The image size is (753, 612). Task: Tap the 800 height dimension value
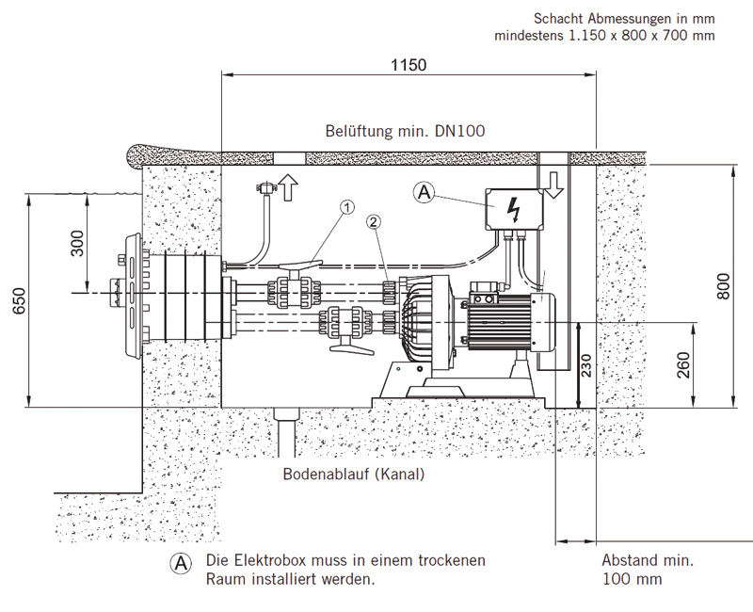coord(723,286)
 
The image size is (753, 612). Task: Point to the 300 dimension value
coord(77,243)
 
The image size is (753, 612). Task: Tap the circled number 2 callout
coord(375,223)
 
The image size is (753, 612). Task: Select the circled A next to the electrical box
coord(425,193)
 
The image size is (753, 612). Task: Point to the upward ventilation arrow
coord(289,187)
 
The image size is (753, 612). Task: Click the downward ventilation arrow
coord(553,185)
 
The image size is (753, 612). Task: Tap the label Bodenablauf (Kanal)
coord(354,475)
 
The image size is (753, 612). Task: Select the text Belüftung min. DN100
coord(406,132)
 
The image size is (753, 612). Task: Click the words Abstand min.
coord(648,560)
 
